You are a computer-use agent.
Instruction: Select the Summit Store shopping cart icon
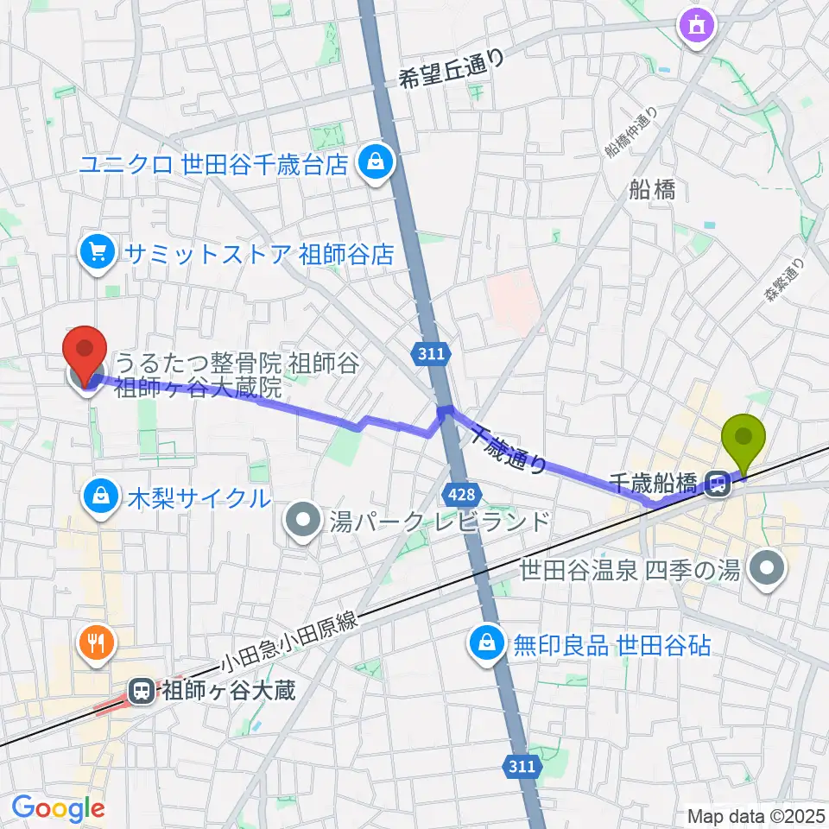pos(97,253)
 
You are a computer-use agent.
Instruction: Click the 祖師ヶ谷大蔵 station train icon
pos(140,690)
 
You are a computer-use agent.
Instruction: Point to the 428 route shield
pos(459,494)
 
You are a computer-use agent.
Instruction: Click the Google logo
pos(58,807)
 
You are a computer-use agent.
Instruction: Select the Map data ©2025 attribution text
pos(756,814)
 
